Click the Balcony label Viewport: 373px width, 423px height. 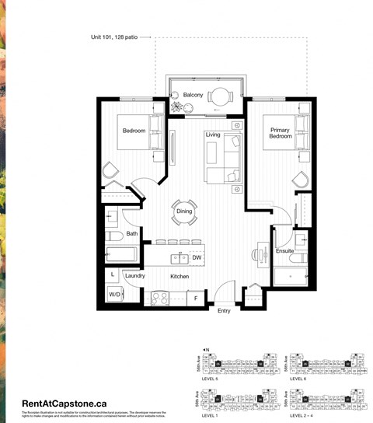coord(193,95)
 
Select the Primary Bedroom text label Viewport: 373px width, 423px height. coord(281,133)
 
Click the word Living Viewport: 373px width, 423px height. coord(212,135)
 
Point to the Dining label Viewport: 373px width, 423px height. coord(183,211)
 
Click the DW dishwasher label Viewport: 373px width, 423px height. coord(197,257)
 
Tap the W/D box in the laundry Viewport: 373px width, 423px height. coord(114,295)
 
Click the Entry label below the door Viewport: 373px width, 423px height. coord(224,312)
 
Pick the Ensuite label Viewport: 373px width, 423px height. coord(284,251)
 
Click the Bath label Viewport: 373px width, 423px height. coord(132,234)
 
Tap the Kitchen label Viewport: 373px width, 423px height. coord(181,276)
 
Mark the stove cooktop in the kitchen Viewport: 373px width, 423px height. coord(160,296)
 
